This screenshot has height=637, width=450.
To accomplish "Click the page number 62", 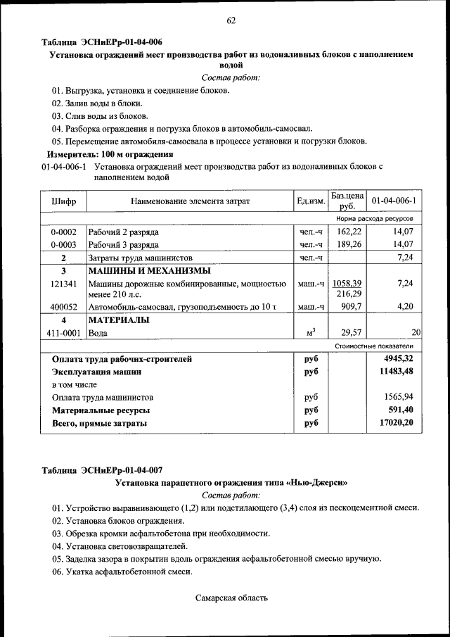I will (230, 20).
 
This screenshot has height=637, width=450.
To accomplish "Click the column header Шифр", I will (63, 201).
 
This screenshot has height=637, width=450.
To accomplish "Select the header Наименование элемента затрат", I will (190, 201).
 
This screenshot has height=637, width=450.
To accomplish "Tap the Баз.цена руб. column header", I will (347, 201).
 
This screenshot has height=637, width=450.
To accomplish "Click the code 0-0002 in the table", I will (63, 232).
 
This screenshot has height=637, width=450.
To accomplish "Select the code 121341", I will (63, 283).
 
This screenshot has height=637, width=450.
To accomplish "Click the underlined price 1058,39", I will (347, 283).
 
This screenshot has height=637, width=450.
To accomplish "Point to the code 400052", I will (63, 307).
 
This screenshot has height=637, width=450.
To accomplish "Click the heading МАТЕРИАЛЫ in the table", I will (118, 320).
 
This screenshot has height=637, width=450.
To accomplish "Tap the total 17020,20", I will (399, 423).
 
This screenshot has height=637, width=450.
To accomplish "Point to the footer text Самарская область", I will (231, 598).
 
